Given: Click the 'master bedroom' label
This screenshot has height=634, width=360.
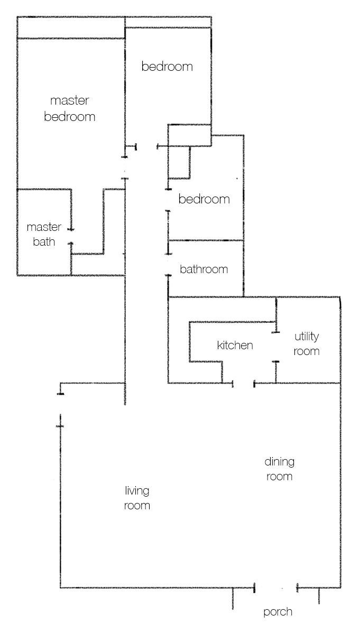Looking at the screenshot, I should coord(70,108).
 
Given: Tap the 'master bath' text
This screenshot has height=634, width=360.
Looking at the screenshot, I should coord(44,235).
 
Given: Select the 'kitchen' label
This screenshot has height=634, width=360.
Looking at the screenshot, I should coord(235,346).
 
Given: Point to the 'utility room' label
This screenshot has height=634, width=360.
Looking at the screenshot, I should coord(307,343).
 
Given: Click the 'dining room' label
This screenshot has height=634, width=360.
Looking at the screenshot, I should coord(279,469).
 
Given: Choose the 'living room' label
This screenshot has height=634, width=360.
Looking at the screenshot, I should coord(137,498).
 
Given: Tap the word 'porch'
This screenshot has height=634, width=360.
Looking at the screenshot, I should coord(278,612).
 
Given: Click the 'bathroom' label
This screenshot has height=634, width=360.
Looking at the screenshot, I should coord(204,269).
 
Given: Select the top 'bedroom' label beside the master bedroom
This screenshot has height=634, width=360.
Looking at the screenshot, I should coord(167,67).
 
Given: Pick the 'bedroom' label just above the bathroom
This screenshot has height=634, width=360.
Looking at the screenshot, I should coord(204,199).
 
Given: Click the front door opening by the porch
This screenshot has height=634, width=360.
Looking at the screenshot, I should coord(275,588).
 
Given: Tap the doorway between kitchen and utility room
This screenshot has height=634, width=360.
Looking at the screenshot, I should coord(275,347).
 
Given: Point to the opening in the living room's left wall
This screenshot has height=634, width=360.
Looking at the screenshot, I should coord(61,409).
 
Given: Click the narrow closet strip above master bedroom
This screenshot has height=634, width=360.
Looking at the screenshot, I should coord(71,28).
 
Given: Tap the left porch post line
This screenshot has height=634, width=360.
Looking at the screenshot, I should coord(233,599).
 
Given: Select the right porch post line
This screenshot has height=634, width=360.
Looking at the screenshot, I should coord(319,596).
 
